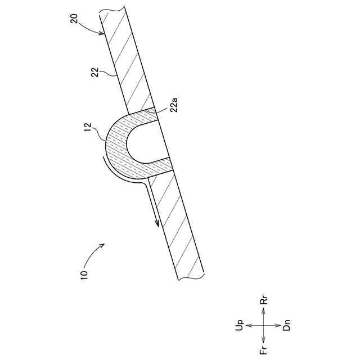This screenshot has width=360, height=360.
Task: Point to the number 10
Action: tap(84, 274)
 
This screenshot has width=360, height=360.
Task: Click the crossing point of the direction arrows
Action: tap(264, 326)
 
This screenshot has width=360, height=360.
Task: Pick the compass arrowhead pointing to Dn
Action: tap(279, 326)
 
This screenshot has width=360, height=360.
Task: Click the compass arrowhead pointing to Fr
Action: tap(264, 341)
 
